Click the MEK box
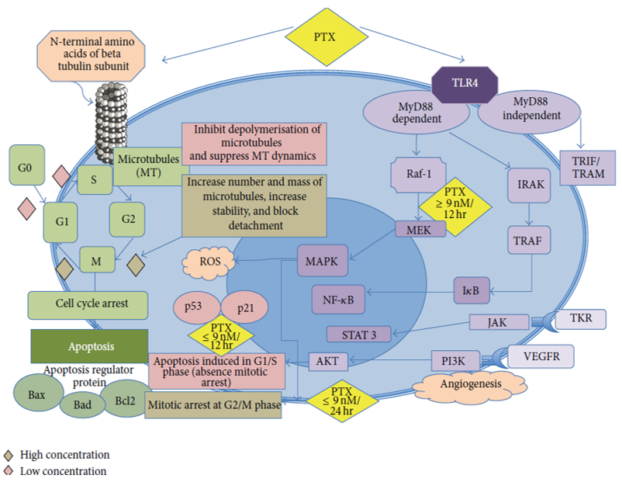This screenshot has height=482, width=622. [420, 228]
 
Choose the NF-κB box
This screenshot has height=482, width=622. [339, 297]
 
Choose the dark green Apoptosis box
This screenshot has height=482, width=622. [89, 346]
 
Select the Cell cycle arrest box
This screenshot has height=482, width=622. [88, 304]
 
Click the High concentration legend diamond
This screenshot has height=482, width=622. [9, 455]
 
